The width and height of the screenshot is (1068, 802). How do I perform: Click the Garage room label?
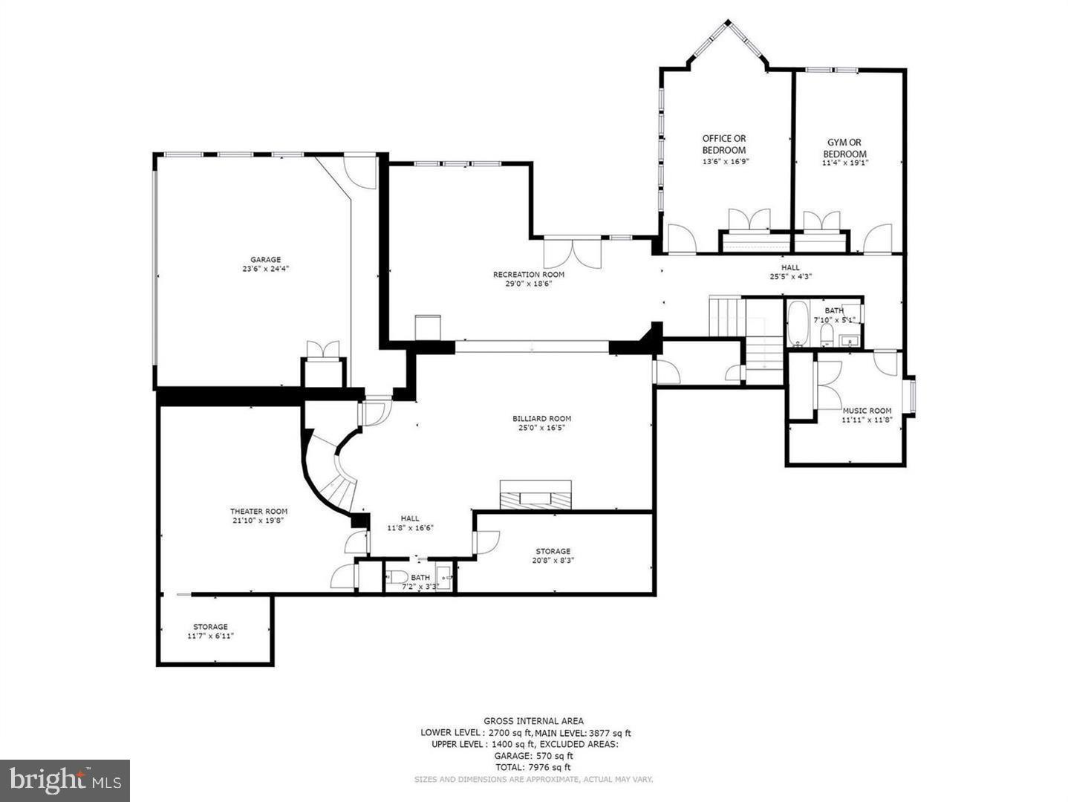coord(265,260)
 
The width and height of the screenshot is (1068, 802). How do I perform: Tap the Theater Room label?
coord(258,511)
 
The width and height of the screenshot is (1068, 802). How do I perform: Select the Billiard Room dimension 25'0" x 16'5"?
coord(541,428)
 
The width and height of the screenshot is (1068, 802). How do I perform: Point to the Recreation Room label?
coord(528,275)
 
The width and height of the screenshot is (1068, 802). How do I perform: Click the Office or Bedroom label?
coord(724,144)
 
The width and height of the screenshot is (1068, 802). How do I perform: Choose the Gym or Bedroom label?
coord(844,148)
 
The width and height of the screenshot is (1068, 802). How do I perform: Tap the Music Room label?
coord(867,411)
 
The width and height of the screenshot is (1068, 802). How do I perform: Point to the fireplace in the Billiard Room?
coord(535,496)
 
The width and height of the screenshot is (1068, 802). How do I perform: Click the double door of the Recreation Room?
coord(573,253)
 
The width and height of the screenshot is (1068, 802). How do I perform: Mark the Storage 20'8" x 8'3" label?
coord(553,551)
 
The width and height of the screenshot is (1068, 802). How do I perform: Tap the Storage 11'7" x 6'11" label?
coord(210,627)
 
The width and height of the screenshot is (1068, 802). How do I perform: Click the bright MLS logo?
coord(65,780)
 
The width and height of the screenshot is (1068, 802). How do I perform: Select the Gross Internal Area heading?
coord(533,720)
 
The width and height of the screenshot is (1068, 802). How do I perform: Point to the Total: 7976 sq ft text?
coord(533,767)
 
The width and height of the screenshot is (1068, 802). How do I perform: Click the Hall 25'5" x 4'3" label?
coord(790,267)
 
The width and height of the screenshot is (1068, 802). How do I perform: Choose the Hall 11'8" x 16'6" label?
coord(410,518)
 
